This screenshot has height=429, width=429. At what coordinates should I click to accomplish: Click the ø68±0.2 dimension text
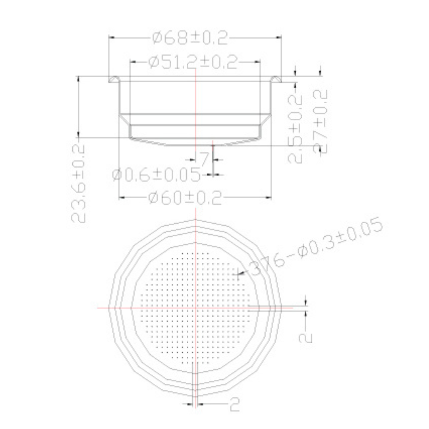[190, 38]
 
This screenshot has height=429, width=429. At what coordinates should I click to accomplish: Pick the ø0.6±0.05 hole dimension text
[156, 175]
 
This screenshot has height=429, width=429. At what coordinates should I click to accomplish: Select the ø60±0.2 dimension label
[185, 198]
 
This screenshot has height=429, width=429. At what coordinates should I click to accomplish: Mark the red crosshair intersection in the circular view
[195, 307]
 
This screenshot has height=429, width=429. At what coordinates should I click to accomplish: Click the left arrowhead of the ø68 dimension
[111, 38]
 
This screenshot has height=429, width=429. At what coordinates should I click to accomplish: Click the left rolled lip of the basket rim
[114, 79]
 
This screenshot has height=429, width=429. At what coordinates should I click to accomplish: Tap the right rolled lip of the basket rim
[276, 79]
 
